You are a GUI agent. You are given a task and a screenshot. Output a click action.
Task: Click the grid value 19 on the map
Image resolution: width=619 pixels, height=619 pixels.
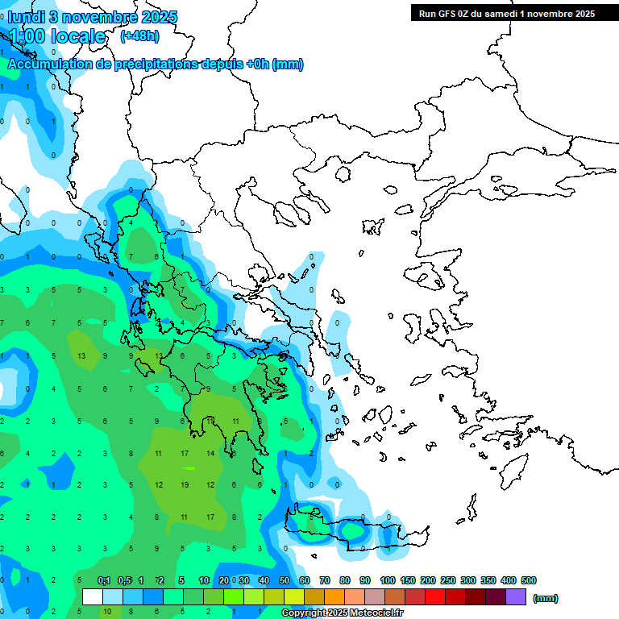pos(185,485)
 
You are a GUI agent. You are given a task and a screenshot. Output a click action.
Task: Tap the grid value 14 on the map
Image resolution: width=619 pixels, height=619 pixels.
pos(210,454)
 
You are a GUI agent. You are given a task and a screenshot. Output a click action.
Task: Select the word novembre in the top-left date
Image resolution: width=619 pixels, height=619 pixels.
pos(106,17)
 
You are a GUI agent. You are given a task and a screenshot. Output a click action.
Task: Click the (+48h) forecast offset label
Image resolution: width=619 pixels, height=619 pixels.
pos(139,36)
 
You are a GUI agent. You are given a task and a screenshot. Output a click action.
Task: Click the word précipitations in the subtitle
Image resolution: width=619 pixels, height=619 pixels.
pos(146,64)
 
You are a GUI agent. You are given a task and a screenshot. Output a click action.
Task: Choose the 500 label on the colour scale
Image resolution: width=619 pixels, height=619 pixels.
pos(528,580)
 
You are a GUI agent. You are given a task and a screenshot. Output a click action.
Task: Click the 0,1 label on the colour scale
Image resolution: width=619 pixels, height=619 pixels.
pos(104,580)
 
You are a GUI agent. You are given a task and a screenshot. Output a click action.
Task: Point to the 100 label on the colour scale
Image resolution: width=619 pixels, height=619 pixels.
pos(388,580)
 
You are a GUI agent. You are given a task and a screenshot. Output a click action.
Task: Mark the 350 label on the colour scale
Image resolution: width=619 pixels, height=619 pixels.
pos(488,580)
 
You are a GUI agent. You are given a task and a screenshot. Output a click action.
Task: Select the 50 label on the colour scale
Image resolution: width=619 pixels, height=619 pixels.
pos(284,580)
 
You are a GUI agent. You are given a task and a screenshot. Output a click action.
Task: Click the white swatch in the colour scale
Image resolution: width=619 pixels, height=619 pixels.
pos(93,596)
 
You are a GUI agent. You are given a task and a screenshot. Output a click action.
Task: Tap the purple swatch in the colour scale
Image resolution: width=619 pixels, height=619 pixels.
pos(516,596)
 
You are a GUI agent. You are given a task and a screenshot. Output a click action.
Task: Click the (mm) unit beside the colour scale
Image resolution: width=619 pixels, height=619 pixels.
pos(546,598)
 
